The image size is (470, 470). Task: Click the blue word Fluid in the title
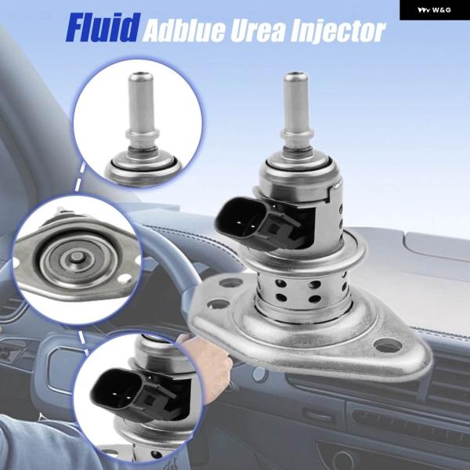coord(103,27)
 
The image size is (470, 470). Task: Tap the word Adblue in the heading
coord(183,31)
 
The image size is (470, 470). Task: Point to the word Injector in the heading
coord(338,32)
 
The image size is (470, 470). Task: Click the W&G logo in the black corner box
coord(434,10)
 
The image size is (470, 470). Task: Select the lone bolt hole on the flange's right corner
coord(388,345)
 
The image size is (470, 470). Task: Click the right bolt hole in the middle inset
coord(125,280)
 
